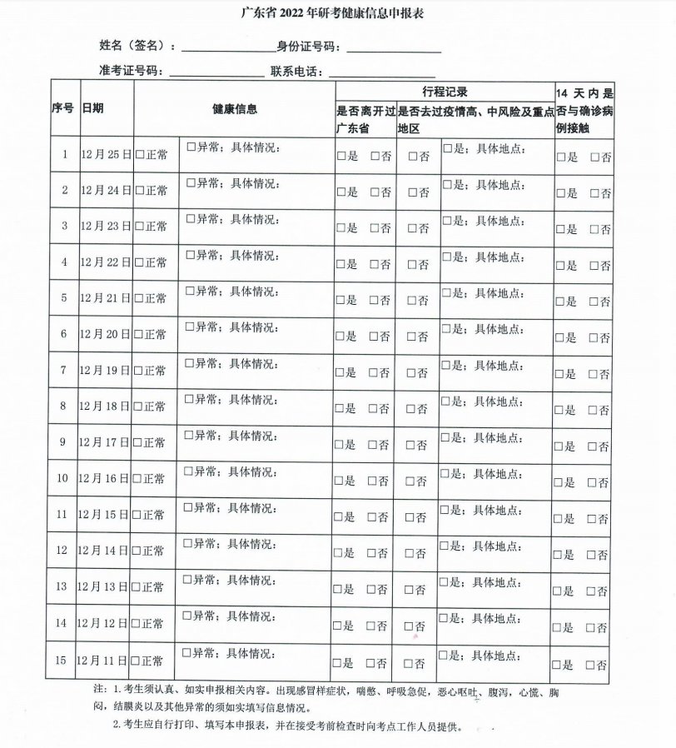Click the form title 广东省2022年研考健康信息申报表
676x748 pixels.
coord(337,14)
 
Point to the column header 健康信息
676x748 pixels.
coord(234,108)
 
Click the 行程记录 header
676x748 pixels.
coord(444,91)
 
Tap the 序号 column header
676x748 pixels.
coord(63,108)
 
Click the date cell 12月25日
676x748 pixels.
coord(105,154)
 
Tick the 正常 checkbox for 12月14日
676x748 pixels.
coord(139,551)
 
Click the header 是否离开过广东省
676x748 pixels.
coord(365,119)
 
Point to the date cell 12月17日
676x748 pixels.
coord(105,443)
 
